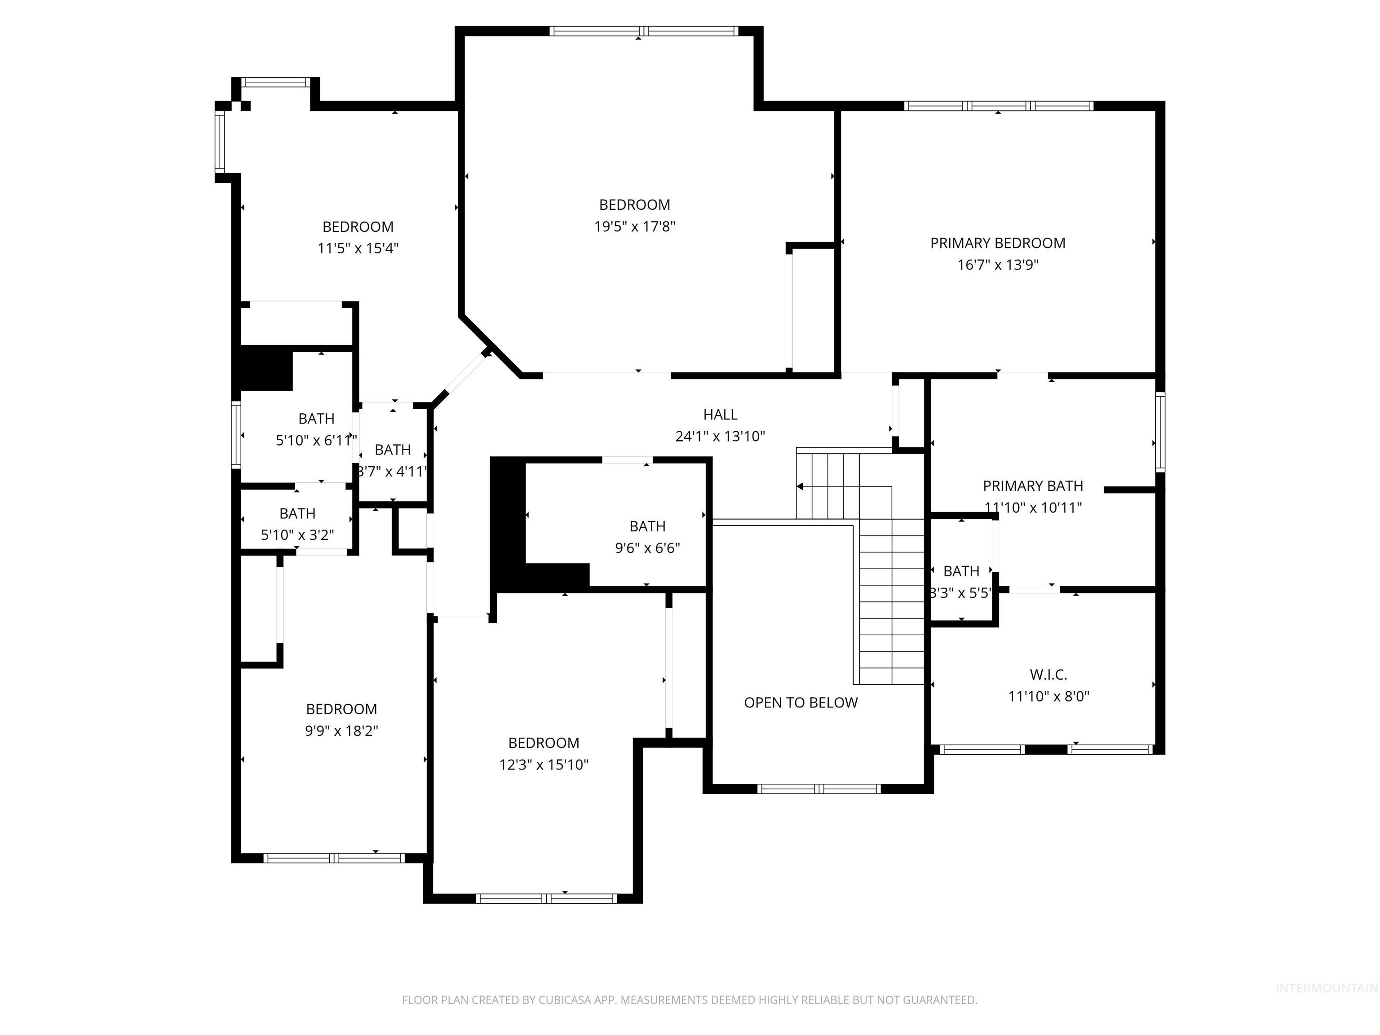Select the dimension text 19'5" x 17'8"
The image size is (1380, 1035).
click(634, 226)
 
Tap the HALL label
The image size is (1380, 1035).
click(720, 415)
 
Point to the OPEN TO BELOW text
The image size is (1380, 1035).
click(801, 703)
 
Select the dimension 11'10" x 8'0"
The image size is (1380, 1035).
click(1048, 696)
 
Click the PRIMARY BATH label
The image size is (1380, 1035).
click(1032, 486)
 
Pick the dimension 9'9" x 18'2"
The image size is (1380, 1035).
click(341, 730)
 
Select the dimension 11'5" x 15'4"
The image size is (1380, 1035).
click(358, 248)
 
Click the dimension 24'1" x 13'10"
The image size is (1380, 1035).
click(720, 437)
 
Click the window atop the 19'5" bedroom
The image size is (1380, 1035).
click(643, 31)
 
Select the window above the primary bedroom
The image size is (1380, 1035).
click(998, 106)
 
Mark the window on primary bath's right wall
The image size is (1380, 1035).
click(1160, 432)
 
